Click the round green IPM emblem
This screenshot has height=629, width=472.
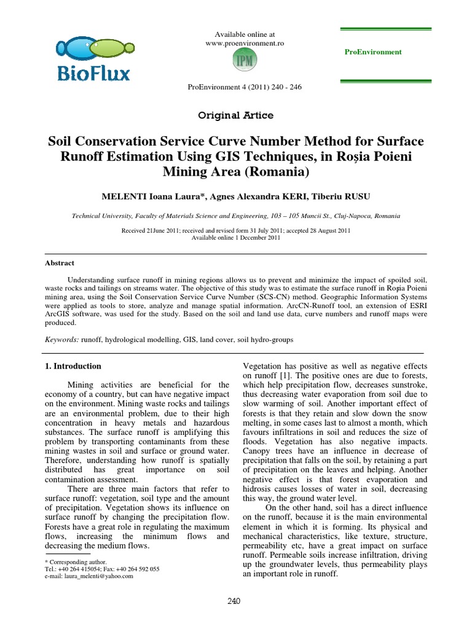(244, 61)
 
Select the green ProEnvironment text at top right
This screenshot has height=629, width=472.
(373, 52)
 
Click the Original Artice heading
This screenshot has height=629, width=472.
(235, 115)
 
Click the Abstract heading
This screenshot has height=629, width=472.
(60, 263)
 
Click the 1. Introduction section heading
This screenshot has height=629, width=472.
(74, 366)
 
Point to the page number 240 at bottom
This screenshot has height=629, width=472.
(235, 601)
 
